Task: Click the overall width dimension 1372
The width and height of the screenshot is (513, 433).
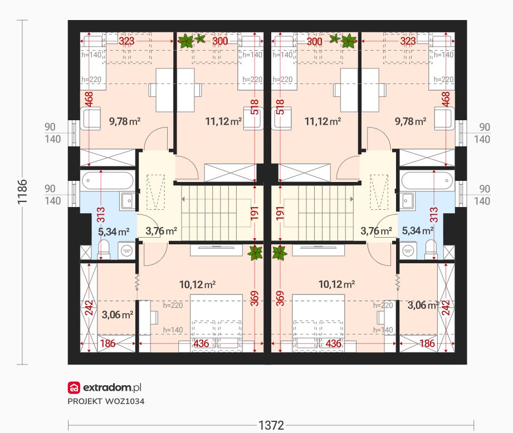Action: (x=271, y=425)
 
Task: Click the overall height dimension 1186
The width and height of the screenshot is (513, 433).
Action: (x=22, y=192)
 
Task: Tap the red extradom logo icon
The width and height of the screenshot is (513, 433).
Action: (x=74, y=387)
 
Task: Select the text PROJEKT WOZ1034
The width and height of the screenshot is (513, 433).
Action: (x=106, y=401)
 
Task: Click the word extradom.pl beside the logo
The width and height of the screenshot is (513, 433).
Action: (x=112, y=387)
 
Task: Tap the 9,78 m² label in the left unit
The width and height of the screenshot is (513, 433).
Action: (x=125, y=121)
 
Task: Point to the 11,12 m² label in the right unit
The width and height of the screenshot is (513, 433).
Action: (x=323, y=121)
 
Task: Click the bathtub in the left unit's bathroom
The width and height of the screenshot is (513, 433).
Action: (x=108, y=180)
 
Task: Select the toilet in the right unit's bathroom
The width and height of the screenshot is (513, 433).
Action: (x=431, y=250)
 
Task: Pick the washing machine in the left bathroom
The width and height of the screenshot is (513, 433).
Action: (x=126, y=250)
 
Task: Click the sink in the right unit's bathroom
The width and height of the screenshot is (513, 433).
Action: (x=407, y=200)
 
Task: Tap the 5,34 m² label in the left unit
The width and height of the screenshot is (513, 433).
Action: (x=114, y=232)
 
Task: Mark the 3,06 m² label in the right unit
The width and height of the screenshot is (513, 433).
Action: (x=423, y=305)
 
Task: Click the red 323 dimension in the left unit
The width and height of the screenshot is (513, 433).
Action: (x=126, y=41)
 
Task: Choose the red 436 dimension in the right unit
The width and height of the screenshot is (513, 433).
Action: (x=334, y=343)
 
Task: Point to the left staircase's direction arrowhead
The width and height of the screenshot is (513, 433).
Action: (x=183, y=199)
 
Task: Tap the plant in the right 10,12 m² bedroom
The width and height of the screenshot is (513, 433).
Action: (x=280, y=253)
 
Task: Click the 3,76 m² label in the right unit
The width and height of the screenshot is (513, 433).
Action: (x=376, y=232)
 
